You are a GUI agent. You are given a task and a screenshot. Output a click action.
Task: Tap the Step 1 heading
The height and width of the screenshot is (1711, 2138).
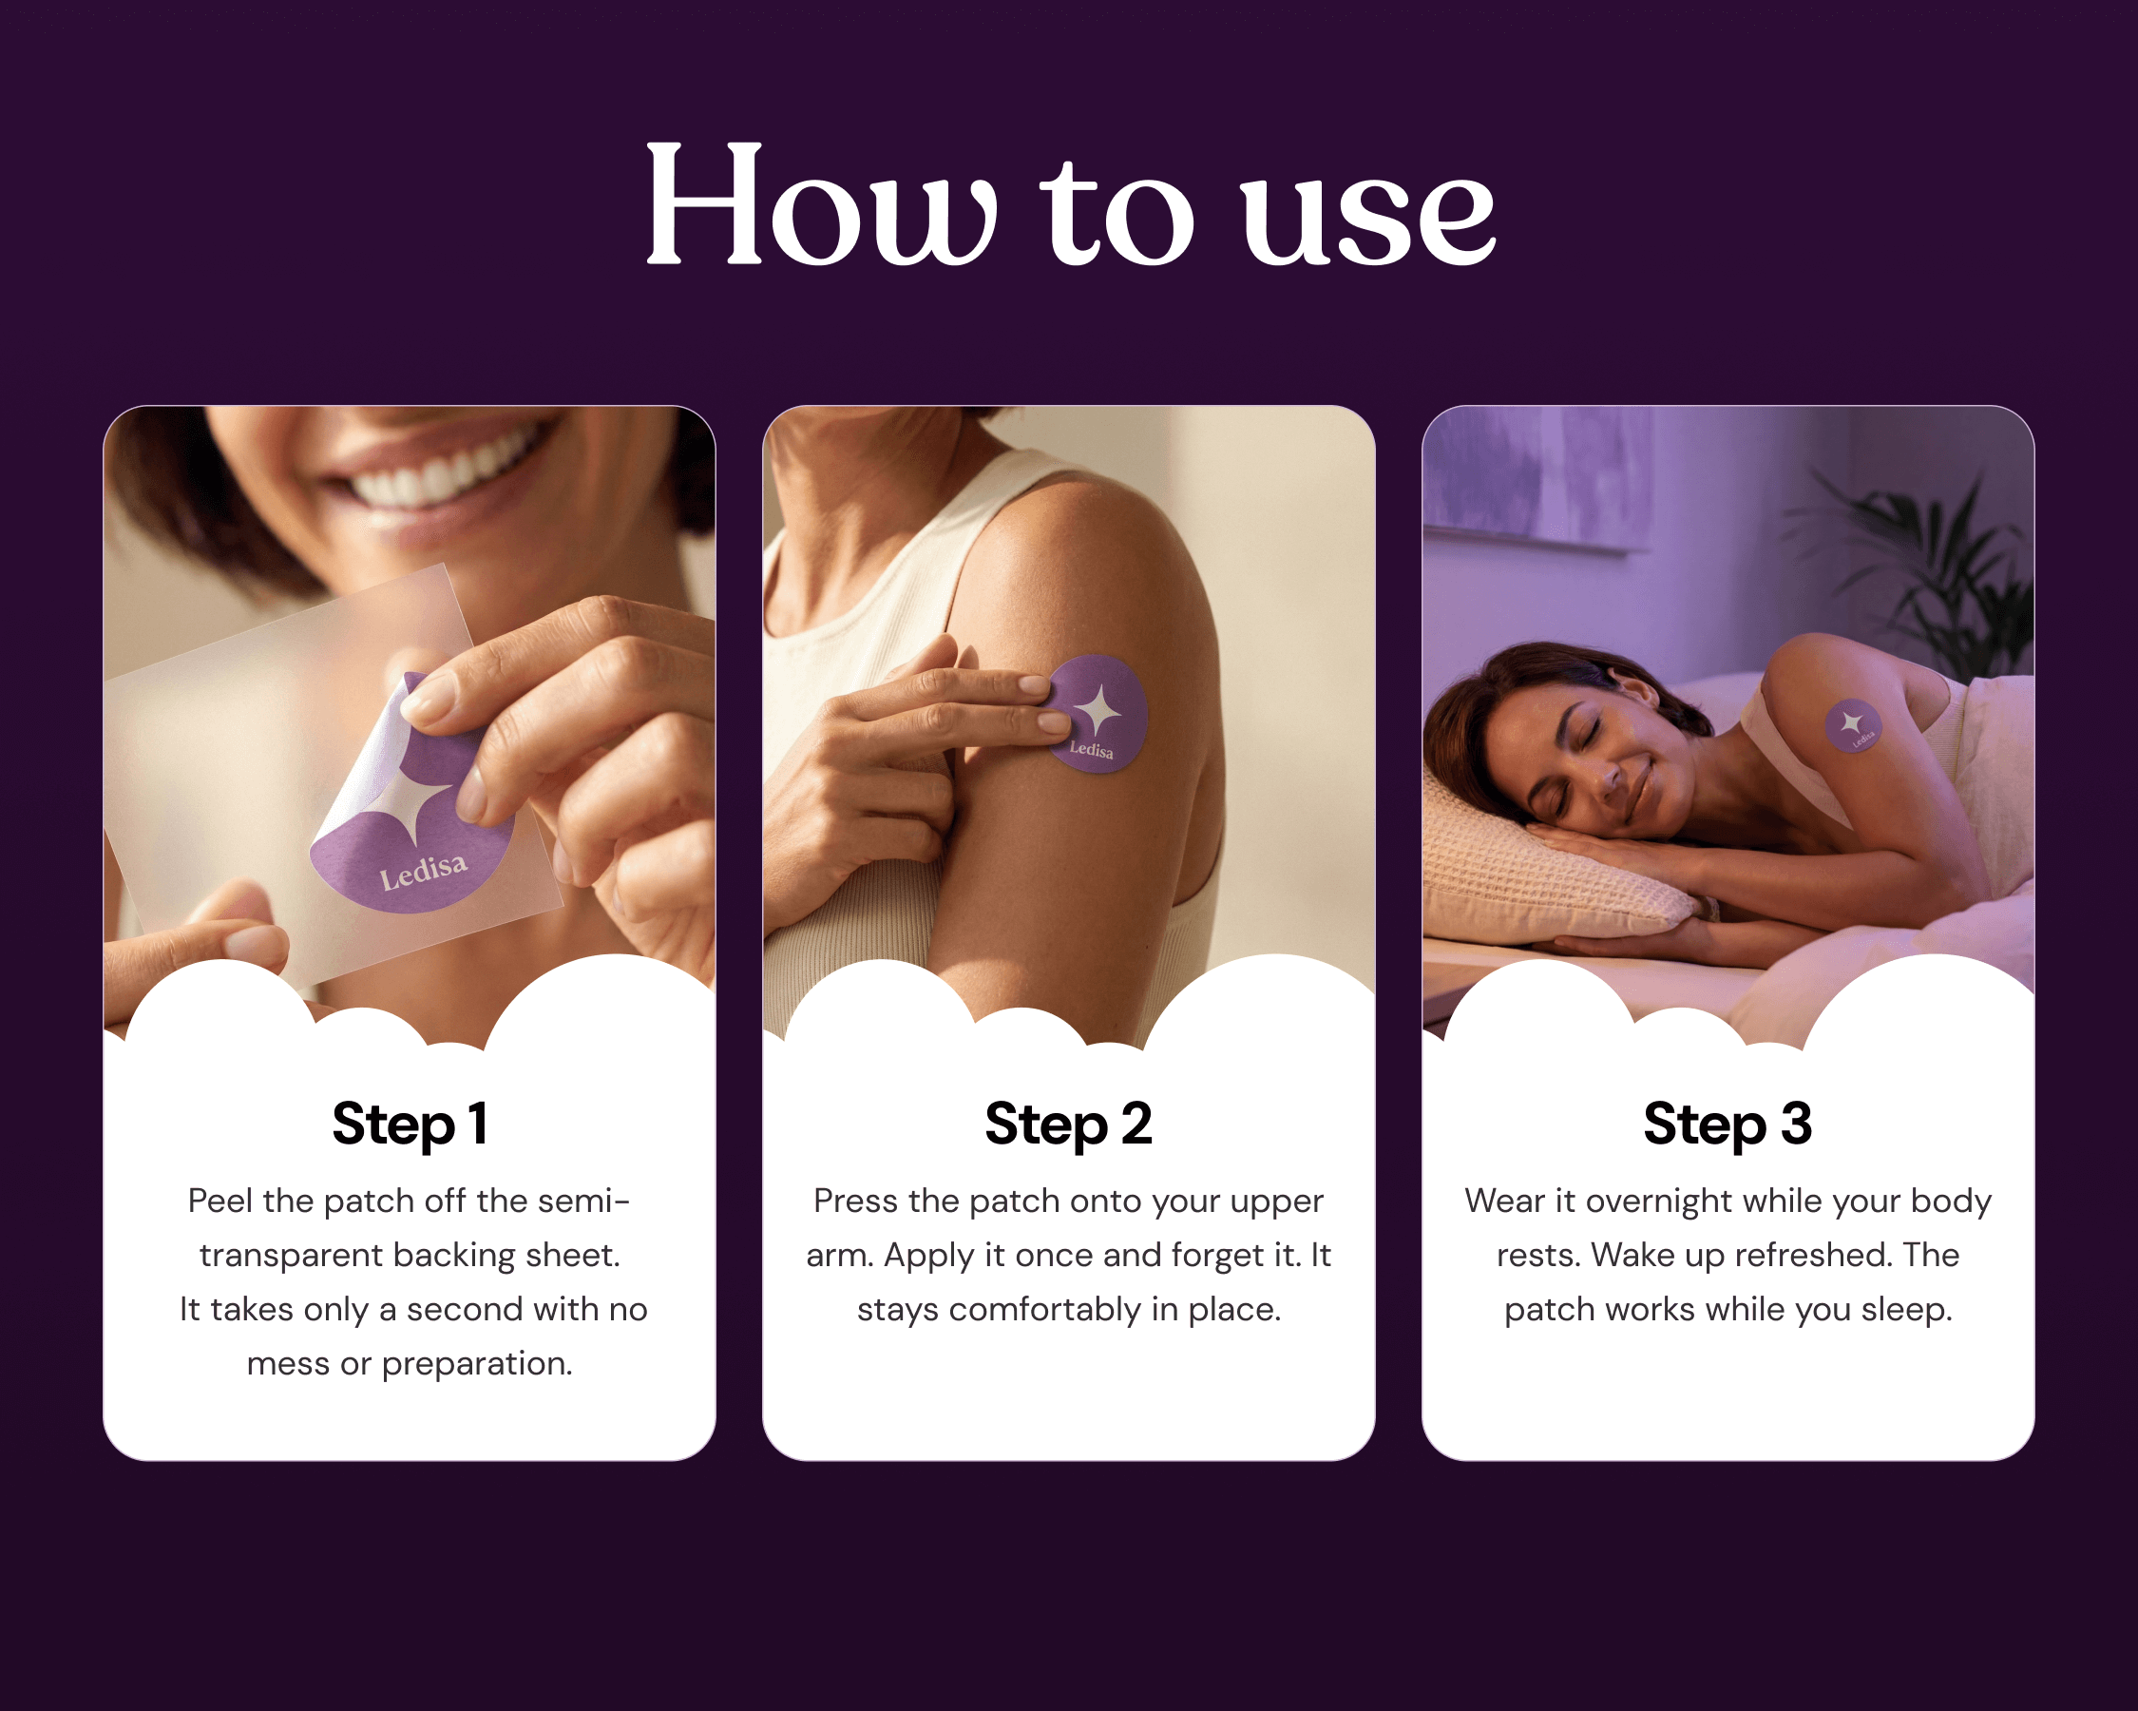point(410,1124)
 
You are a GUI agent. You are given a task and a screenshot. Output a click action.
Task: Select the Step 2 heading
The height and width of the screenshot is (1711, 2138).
point(1068,1124)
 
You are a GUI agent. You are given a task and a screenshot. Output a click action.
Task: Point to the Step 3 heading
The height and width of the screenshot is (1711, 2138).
point(1728,1124)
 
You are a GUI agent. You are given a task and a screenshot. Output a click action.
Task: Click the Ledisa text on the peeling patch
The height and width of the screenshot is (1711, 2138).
point(424,870)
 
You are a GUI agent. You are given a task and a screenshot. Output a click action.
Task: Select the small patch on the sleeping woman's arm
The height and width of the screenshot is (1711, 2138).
point(1852,725)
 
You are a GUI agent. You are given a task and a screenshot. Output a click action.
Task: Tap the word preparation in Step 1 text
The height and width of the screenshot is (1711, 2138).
point(477,1365)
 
